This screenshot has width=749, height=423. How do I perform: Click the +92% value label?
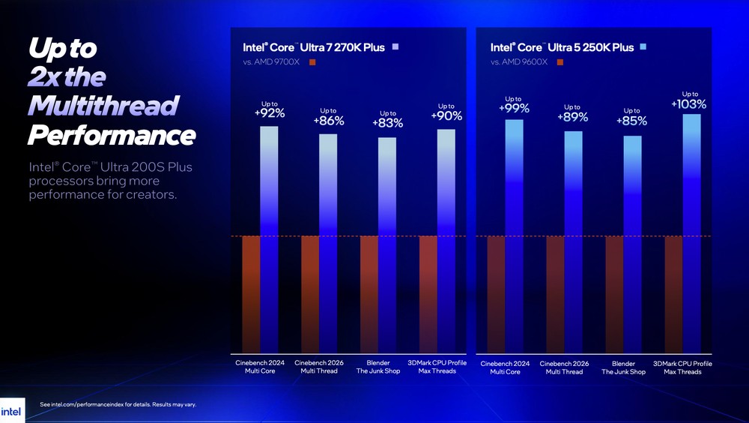270,113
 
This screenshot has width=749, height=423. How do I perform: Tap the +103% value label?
689,104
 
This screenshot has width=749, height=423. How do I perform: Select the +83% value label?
388,123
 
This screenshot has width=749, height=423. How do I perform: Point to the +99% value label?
514,109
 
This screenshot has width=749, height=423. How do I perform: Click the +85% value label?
631,120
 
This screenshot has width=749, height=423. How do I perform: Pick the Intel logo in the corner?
11,411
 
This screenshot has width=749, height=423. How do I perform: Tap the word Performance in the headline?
112,136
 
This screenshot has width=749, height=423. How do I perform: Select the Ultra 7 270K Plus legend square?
395,47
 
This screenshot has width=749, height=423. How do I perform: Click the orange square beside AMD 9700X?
312,61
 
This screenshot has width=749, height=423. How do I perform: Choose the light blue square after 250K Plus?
643,47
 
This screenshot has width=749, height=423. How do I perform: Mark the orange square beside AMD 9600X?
560,61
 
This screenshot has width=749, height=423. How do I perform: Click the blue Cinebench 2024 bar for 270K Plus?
269,240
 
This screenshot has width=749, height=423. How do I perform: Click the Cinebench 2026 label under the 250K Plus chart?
563,367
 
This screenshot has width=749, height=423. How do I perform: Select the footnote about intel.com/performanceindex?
118,405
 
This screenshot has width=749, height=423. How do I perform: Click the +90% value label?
446,115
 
